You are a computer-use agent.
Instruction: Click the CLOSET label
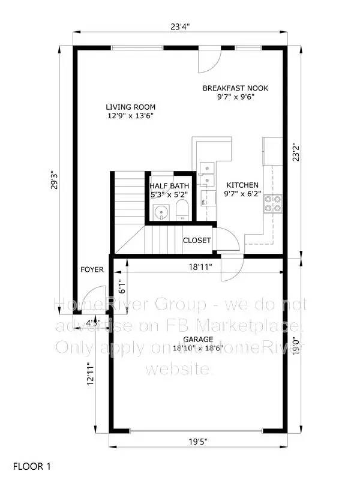pyautogui.click(x=197, y=241)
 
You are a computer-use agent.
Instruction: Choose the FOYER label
pyautogui.click(x=92, y=270)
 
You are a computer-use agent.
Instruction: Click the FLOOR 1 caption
pyautogui.click(x=34, y=465)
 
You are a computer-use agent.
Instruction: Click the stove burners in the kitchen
pyautogui.click(x=274, y=204)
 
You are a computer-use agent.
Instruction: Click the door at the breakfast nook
pyautogui.click(x=211, y=58)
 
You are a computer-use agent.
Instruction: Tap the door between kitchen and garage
pyautogui.click(x=231, y=268)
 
